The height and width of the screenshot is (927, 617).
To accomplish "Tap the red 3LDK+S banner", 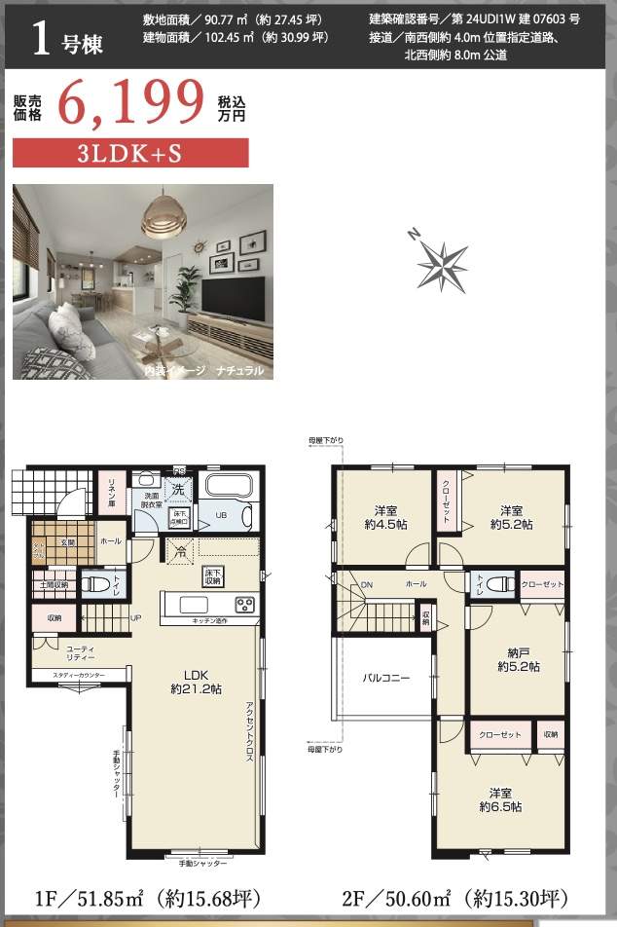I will point(130,153).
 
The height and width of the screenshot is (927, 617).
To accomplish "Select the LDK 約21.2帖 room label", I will point(191,681).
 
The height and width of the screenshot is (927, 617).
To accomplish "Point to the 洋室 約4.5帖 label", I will point(383,517).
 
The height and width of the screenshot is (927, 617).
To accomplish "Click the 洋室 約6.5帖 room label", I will point(500,798).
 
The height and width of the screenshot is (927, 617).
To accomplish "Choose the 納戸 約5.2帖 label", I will point(518,659).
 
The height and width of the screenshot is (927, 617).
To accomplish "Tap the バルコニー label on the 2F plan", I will point(386,677).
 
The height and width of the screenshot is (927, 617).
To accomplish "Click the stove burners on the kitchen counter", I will point(243,604).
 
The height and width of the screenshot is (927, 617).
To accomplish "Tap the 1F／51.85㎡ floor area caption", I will point(149,897).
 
